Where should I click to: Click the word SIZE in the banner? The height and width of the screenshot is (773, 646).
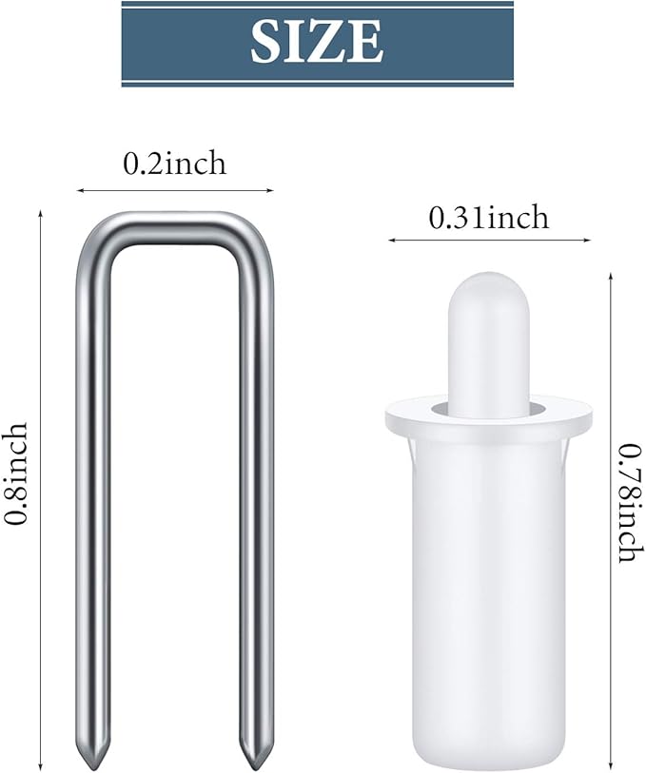(317, 42)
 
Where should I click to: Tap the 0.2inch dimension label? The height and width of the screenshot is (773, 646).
(174, 164)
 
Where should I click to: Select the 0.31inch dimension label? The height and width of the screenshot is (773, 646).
(489, 218)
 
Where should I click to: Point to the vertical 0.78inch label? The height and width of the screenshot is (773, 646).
(632, 503)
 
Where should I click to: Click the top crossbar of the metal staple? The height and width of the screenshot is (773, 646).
(175, 228)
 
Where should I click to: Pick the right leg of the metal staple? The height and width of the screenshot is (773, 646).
(257, 493)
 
